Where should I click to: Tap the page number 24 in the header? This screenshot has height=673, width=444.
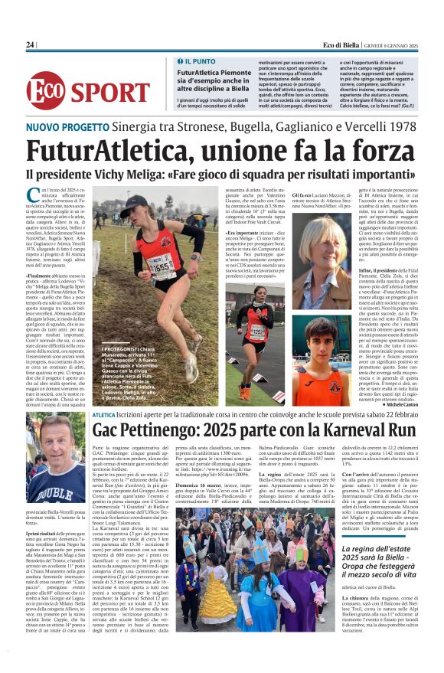[31, 45]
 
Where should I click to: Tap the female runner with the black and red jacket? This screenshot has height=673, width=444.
[256, 325]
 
